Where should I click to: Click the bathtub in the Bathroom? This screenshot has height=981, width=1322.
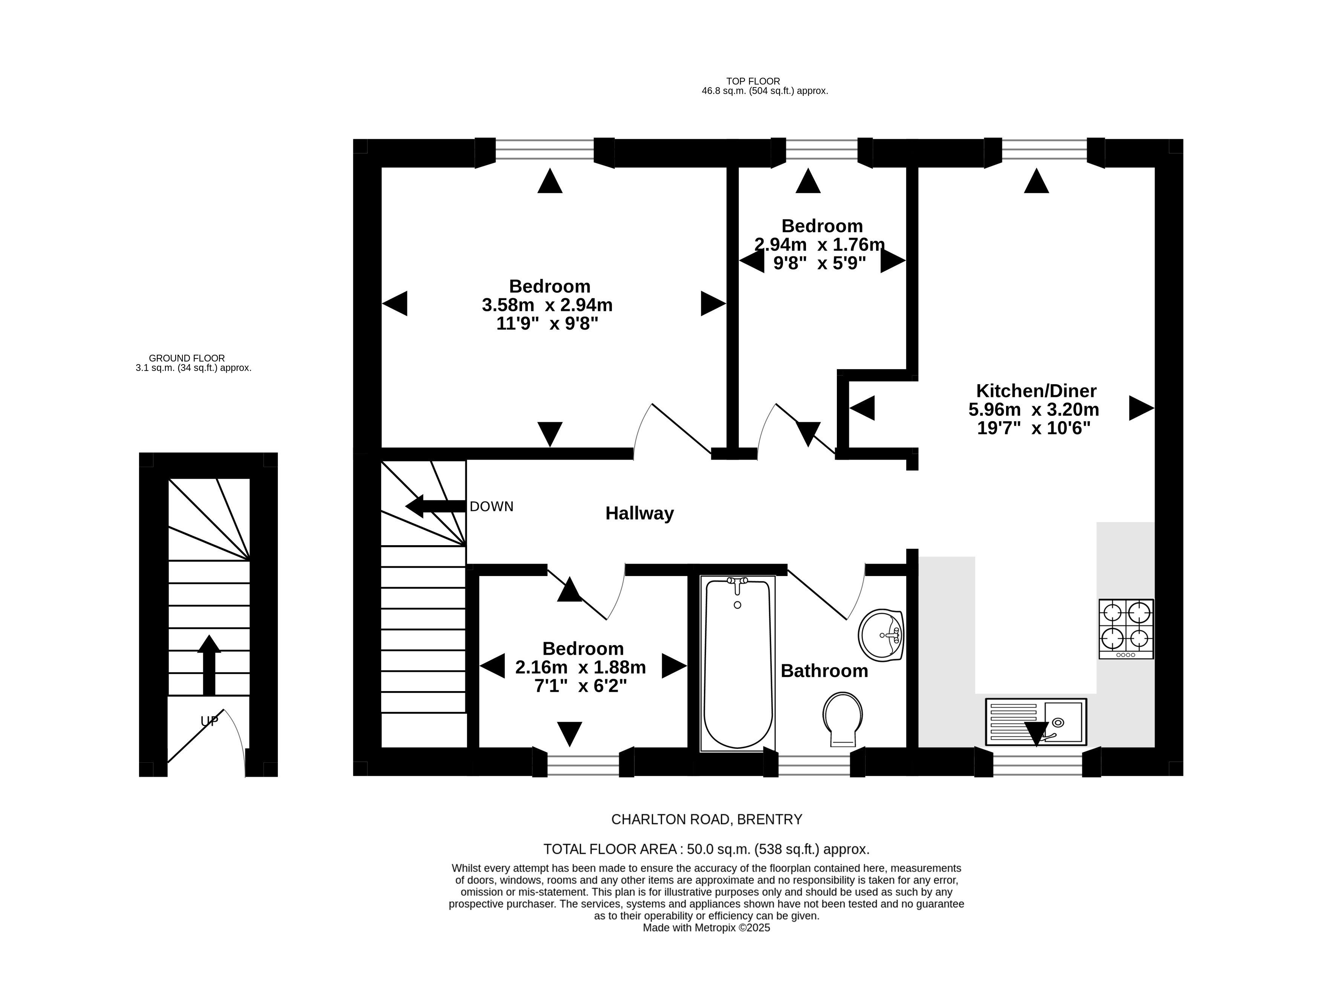(x=737, y=663)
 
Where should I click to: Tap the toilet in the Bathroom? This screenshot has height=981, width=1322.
(x=843, y=719)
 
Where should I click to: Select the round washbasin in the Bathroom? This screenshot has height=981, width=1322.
(x=881, y=635)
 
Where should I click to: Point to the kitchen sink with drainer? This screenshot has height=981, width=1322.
(x=1036, y=722)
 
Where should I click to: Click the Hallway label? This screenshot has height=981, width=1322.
(x=639, y=513)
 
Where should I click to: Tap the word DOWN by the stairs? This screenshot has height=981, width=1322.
(x=491, y=507)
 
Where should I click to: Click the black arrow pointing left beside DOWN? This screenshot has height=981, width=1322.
(x=435, y=506)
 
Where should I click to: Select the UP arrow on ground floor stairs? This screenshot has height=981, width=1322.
(x=209, y=665)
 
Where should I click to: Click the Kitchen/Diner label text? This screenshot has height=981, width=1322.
(x=1036, y=391)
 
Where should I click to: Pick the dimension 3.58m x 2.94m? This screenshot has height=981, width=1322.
(x=547, y=305)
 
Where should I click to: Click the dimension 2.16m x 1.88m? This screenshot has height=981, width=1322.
(x=580, y=667)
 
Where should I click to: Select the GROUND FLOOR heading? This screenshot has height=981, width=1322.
(x=186, y=358)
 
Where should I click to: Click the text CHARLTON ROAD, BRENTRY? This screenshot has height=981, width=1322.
(x=706, y=820)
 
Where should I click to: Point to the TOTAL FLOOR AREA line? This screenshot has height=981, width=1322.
(x=706, y=849)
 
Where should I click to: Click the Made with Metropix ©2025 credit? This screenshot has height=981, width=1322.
(x=706, y=927)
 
